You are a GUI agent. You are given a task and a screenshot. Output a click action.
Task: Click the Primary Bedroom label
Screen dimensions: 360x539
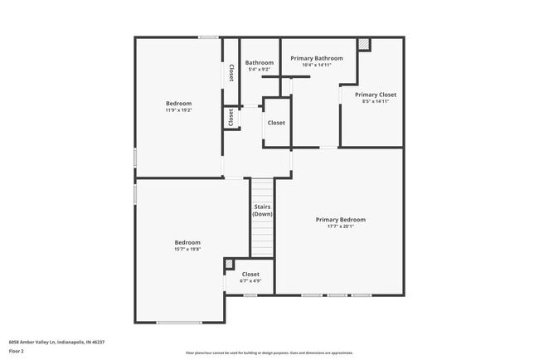tap(340, 220)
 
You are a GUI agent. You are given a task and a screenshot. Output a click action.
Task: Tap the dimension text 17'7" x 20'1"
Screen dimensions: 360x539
tap(340, 226)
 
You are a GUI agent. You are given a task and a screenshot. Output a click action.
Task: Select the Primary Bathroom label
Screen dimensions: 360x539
tap(317, 58)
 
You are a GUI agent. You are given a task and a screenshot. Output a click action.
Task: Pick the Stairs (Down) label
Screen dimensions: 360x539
tap(262, 211)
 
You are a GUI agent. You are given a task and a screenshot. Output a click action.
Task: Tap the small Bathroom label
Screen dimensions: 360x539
tap(259, 63)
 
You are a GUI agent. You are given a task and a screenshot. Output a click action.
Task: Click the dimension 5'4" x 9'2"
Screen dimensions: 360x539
tap(259, 70)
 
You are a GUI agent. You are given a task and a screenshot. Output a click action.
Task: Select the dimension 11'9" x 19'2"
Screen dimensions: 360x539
tap(179, 109)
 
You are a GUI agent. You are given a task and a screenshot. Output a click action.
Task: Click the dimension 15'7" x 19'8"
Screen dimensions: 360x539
tap(187, 249)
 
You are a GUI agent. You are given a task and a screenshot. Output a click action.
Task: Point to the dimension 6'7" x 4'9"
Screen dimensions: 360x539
tap(250, 281)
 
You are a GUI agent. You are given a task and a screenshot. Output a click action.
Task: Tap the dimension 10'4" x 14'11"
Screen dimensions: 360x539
tap(317, 65)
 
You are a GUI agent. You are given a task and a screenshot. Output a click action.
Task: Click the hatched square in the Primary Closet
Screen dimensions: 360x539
tap(363, 44)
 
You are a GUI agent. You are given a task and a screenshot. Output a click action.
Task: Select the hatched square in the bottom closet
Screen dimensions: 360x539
tap(230, 265)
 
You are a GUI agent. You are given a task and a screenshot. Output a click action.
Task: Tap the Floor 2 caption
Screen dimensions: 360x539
tap(17, 351)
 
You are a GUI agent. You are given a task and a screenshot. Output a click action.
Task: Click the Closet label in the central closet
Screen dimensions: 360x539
tap(276, 123)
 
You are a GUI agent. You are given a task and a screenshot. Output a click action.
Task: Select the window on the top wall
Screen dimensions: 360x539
tap(208, 37)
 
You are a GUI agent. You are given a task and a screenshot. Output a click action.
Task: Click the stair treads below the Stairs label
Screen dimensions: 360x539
tap(262, 241)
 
